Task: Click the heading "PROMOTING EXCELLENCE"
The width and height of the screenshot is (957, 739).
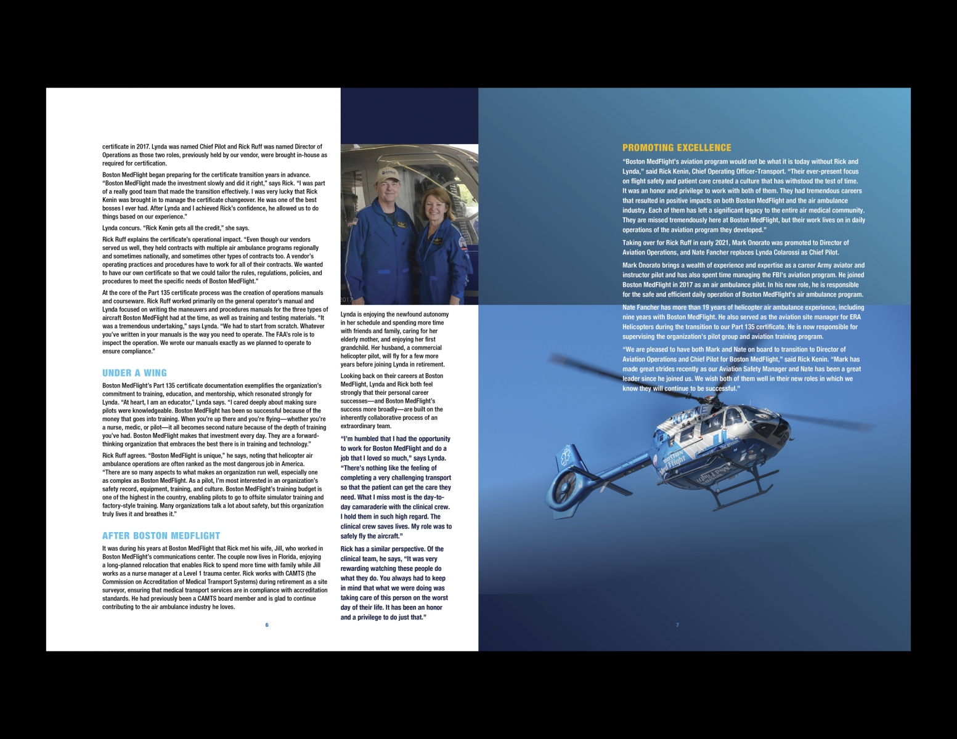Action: [676, 148]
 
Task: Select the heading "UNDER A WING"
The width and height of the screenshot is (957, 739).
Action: [134, 373]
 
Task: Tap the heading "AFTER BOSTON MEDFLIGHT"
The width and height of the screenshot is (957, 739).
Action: [161, 536]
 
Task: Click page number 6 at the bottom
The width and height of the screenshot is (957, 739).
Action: [267, 625]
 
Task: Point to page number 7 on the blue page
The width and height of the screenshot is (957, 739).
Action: [677, 625]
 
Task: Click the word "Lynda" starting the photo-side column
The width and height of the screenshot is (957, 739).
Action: [348, 315]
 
